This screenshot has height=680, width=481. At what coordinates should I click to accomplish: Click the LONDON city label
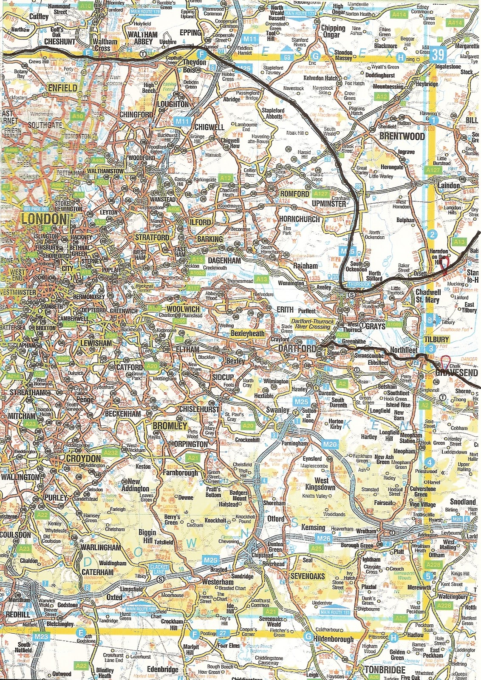pyautogui.click(x=44, y=219)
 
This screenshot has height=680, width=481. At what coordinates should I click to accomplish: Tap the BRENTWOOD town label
pyautogui.click(x=402, y=136)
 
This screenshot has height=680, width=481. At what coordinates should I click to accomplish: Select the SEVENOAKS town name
pyautogui.click(x=307, y=576)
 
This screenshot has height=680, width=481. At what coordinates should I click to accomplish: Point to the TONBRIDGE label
pyautogui.click(x=385, y=670)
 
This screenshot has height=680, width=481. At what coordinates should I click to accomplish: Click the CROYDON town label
pyautogui.click(x=83, y=459)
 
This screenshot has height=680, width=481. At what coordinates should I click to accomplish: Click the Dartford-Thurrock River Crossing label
pyautogui.click(x=312, y=324)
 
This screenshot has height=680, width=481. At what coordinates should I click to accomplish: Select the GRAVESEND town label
pyautogui.click(x=456, y=373)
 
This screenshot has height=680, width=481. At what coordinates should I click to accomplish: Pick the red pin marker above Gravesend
pyautogui.click(x=445, y=361)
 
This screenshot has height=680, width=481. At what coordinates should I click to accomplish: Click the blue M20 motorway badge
pyautogui.click(x=329, y=445)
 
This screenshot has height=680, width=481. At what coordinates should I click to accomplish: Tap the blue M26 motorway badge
pyautogui.click(x=324, y=538)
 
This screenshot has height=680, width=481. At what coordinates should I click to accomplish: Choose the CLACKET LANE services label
pyautogui.click(x=159, y=569)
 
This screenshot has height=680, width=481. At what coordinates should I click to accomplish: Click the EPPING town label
pyautogui.click(x=190, y=33)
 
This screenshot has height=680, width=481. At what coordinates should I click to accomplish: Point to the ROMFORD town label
pyautogui.click(x=294, y=194)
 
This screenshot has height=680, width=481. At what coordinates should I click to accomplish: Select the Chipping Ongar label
pyautogui.click(x=333, y=31)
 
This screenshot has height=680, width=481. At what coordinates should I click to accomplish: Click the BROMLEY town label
pyautogui.click(x=170, y=426)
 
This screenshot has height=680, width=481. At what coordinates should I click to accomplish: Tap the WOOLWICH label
pyautogui.click(x=183, y=309)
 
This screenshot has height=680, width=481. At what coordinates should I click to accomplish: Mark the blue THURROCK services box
pyautogui.click(x=359, y=284)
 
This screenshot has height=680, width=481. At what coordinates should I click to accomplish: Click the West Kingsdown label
pyautogui.click(x=321, y=484)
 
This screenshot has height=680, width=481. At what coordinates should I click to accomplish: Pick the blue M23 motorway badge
pyautogui.click(x=41, y=636)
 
